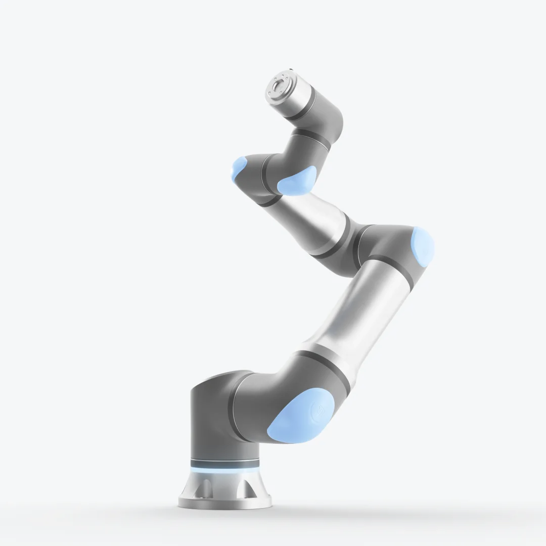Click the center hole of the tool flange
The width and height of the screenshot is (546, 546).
pos(278,87)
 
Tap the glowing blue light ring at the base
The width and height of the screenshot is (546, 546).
pos(225,470)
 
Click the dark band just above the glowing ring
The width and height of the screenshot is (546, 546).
pos(225,463)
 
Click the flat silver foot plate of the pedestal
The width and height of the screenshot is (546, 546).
pos(225,502)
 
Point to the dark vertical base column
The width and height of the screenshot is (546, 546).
pos(212,420)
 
